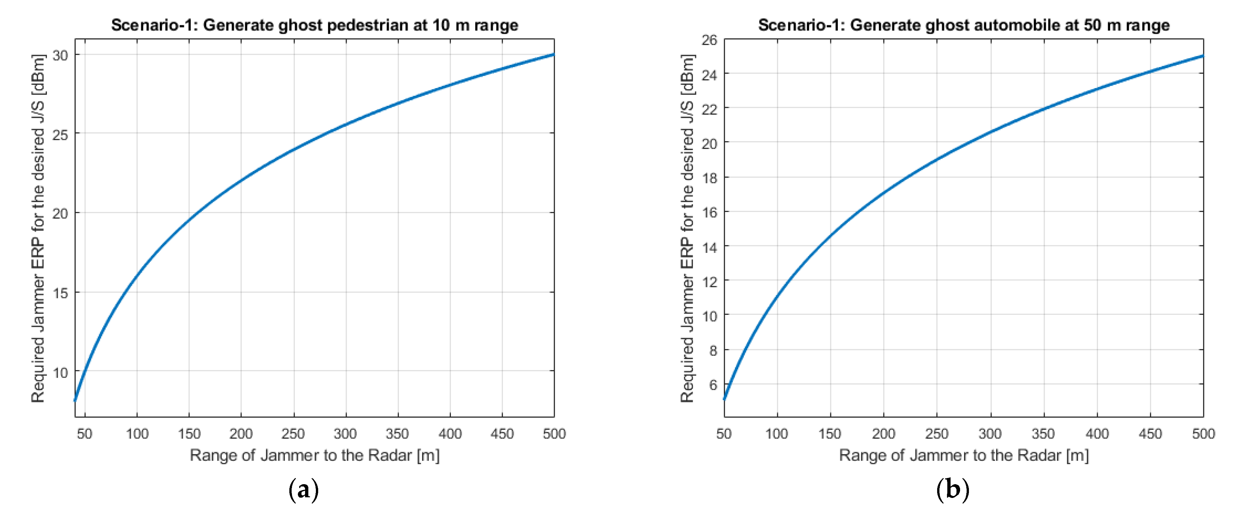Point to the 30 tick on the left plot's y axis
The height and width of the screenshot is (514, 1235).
click(60, 56)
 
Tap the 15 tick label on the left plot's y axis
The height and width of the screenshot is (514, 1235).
click(60, 293)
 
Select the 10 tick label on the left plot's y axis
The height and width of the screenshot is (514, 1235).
click(60, 372)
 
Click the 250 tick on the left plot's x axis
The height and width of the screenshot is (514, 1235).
click(293, 434)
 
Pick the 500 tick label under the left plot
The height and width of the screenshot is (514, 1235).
click(554, 434)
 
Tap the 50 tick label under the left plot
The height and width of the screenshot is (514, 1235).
click(85, 434)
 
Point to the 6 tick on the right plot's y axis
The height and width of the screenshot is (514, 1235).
click(713, 385)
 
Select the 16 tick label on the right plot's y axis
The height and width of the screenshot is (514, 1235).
click(709, 212)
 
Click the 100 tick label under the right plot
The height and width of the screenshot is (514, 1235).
click(777, 434)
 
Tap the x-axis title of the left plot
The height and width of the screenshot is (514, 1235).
click(315, 455)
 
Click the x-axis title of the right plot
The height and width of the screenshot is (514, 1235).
click(964, 455)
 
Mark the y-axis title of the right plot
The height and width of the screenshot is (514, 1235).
click(687, 228)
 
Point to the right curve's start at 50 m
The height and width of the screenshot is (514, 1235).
click(724, 398)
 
